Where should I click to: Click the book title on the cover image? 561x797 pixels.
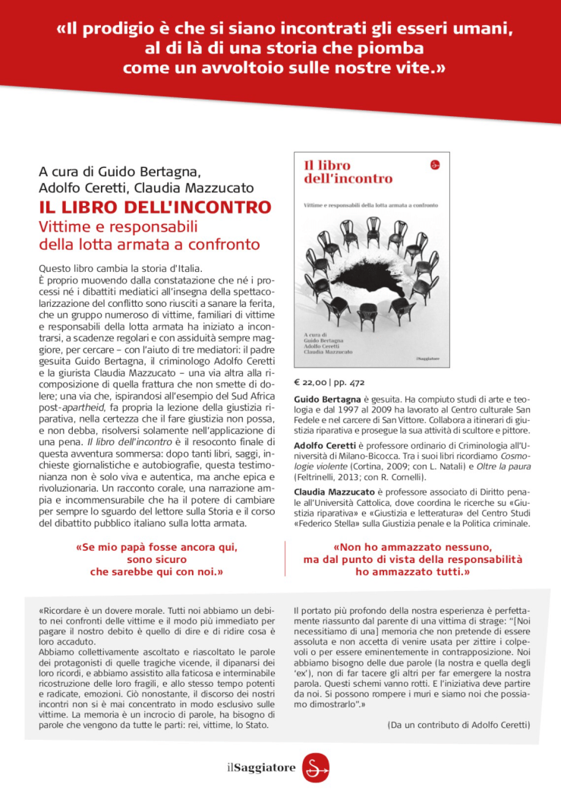pos(348,172)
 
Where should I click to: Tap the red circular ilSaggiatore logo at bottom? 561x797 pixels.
pos(315,767)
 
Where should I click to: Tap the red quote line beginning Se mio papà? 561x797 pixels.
pos(157,547)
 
